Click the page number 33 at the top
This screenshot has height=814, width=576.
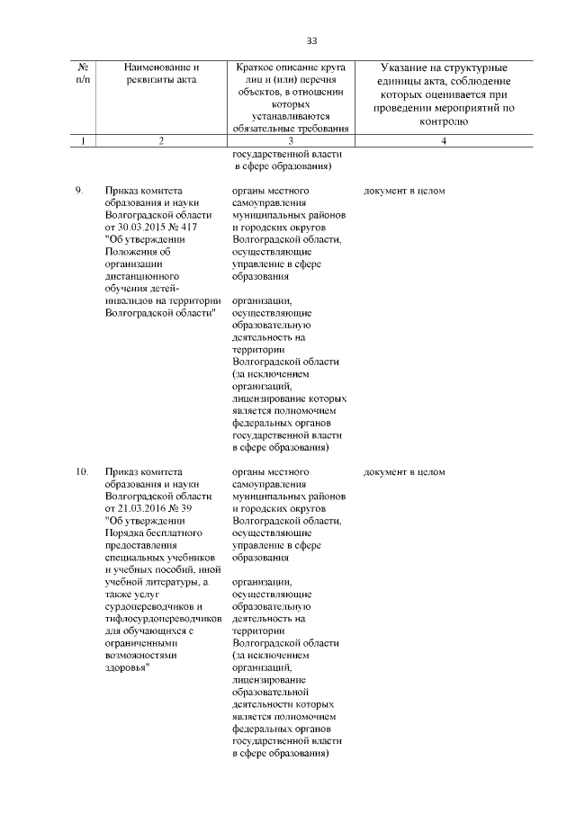[312, 40]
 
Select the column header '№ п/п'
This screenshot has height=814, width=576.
[83, 74]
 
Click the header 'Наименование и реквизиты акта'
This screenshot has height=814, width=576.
[161, 74]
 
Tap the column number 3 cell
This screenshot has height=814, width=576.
[291, 141]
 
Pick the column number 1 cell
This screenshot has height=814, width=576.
[83, 141]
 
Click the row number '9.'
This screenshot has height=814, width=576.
[79, 192]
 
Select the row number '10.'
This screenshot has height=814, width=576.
[81, 471]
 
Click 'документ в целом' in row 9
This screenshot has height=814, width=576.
[404, 192]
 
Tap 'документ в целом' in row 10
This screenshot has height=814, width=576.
[404, 471]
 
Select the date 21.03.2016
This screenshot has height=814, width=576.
[141, 508]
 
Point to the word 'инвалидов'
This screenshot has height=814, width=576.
[128, 301]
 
